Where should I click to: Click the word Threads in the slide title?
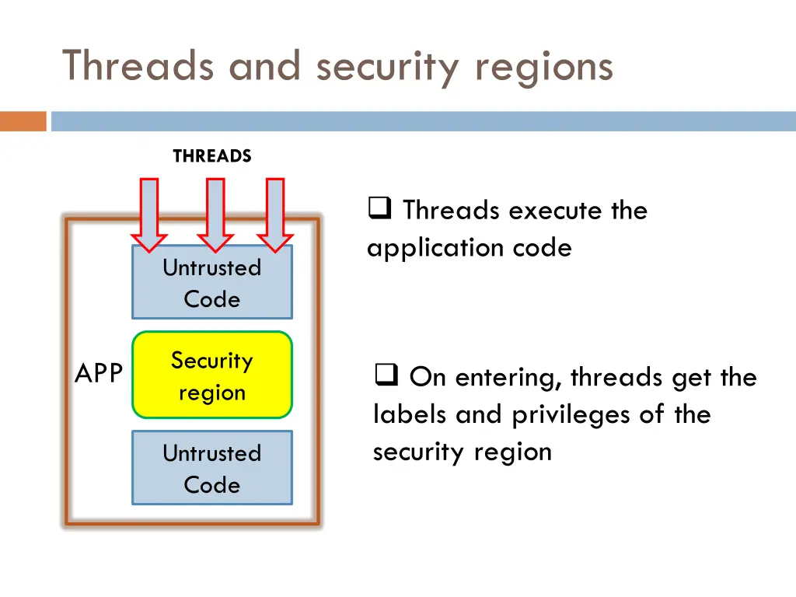pyautogui.click(x=138, y=66)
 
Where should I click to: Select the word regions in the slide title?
pyautogui.click(x=544, y=66)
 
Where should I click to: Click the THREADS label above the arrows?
pyautogui.click(x=212, y=156)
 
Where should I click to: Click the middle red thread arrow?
pyautogui.click(x=215, y=214)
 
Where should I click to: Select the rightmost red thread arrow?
pyautogui.click(x=274, y=214)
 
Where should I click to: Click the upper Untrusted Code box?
pyautogui.click(x=212, y=283)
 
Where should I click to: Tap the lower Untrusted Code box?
pyautogui.click(x=212, y=468)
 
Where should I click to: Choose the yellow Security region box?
pyautogui.click(x=212, y=376)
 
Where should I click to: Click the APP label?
pyautogui.click(x=98, y=374)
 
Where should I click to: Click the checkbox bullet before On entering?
pyautogui.click(x=386, y=377)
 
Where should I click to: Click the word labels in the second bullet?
pyautogui.click(x=410, y=414)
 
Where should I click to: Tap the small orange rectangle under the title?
pyautogui.click(x=23, y=121)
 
